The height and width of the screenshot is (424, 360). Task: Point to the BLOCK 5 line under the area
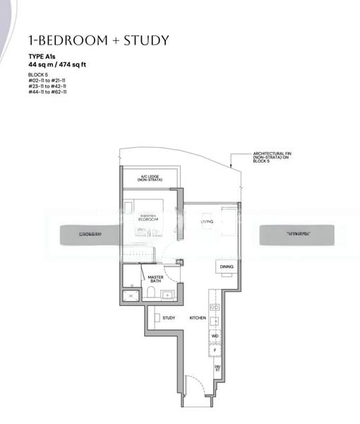tap(38, 74)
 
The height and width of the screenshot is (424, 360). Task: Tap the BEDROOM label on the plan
tap(148, 220)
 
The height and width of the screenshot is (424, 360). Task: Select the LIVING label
tap(207, 222)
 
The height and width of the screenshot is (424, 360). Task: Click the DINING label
tap(226, 266)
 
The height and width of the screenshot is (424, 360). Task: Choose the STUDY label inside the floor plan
tap(169, 318)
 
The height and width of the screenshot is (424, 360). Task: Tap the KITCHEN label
tap(197, 318)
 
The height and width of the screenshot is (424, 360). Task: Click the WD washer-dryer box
tap(215, 336)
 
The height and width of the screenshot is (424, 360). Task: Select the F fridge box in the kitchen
tap(215, 351)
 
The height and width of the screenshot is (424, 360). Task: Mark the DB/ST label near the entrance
tap(217, 369)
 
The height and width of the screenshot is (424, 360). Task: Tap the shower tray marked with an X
tap(131, 296)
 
